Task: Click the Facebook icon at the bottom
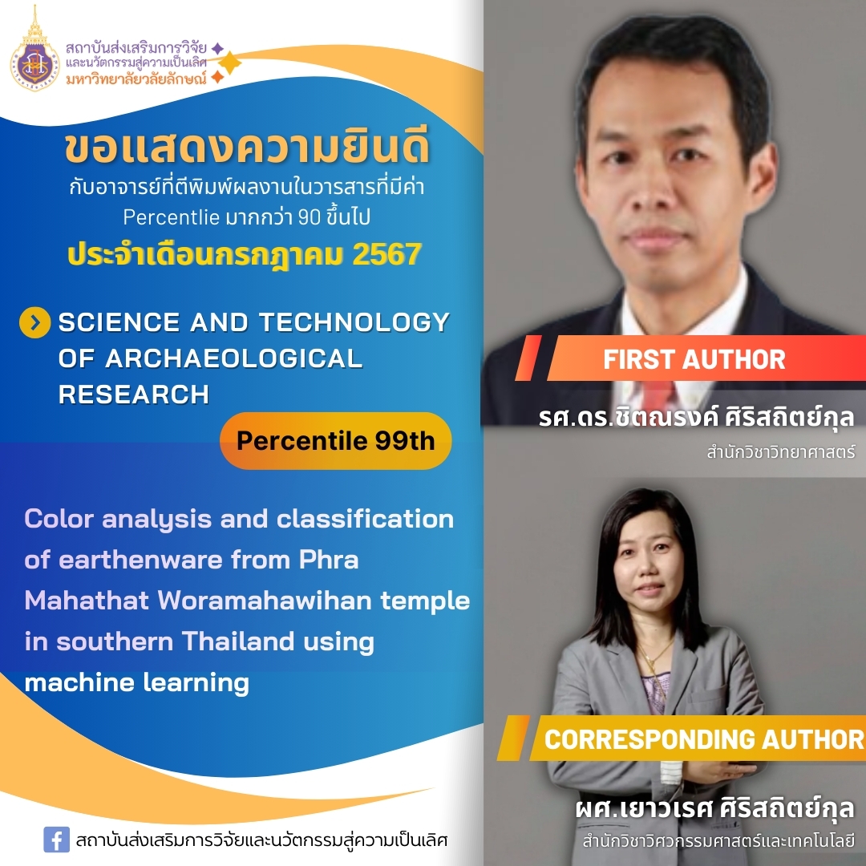[x=56, y=840]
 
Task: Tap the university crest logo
[x=34, y=52]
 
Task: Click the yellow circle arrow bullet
[x=34, y=322]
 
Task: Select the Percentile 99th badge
[x=336, y=441]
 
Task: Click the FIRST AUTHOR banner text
[x=694, y=359]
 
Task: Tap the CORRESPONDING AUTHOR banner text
[x=704, y=739]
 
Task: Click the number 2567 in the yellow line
[x=387, y=254]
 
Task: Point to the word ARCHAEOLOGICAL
[x=233, y=358]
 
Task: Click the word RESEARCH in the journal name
[x=134, y=395]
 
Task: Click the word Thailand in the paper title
[x=238, y=641]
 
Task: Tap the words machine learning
[x=136, y=682]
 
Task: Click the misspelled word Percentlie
[x=172, y=217]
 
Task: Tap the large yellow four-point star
[x=229, y=63]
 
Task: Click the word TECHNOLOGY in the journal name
[x=354, y=322]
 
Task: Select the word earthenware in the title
[x=140, y=560]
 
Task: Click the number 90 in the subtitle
[x=310, y=217]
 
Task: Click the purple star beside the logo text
[x=218, y=48]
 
